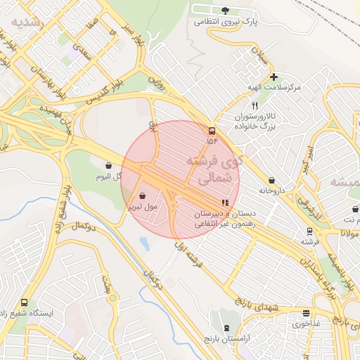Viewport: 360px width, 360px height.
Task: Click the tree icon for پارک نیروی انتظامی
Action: click(225, 10)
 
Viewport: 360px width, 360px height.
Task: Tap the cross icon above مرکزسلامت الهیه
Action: click(274, 77)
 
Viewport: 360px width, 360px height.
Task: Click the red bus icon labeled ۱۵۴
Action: click(212, 131)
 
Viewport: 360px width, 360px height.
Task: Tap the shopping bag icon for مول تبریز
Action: click(143, 195)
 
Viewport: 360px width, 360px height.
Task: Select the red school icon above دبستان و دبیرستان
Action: click(224, 203)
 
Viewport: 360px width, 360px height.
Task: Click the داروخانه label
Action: click(274, 190)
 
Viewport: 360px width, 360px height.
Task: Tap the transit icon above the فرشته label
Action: click(309, 231)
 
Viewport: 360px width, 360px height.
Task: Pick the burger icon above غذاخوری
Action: click(306, 314)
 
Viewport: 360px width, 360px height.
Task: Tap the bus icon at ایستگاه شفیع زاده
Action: click(25, 302)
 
